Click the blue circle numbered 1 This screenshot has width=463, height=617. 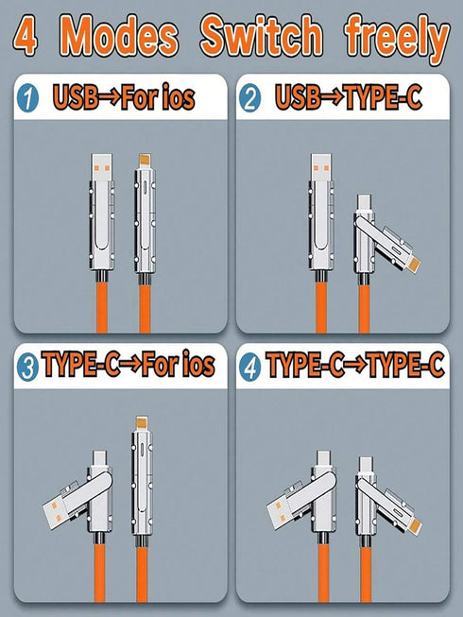[x=27, y=96]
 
